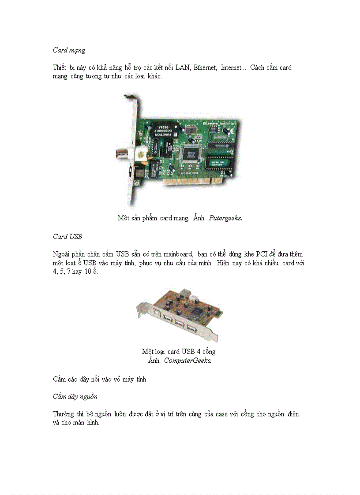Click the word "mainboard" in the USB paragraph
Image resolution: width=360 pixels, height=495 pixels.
pyautogui.click(x=176, y=254)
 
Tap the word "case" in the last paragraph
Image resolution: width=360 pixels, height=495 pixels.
pyautogui.click(x=221, y=414)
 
